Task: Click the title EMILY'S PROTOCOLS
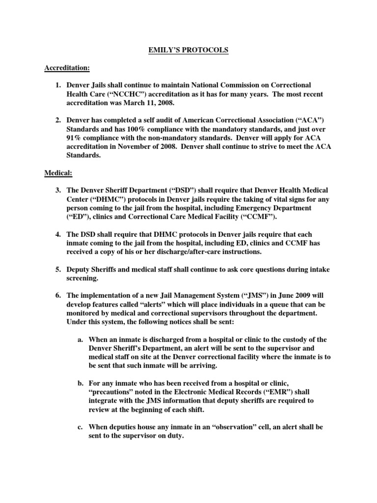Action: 188,50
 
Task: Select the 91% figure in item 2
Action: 76,138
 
